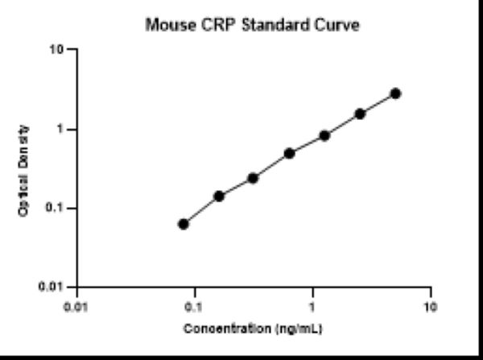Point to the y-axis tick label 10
pyautogui.click(x=56, y=50)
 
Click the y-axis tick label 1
pyautogui.click(x=60, y=129)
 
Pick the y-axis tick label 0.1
pyautogui.click(x=56, y=208)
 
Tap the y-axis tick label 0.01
pyautogui.click(x=53, y=287)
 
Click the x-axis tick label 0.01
pyautogui.click(x=76, y=307)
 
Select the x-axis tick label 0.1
pyautogui.click(x=194, y=307)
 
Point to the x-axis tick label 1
pyautogui.click(x=312, y=307)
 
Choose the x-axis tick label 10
pyautogui.click(x=431, y=307)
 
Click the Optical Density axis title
pyautogui.click(x=27, y=169)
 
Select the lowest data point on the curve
pyautogui.click(x=184, y=224)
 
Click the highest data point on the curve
pyautogui.click(x=395, y=93)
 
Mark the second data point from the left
pyautogui.click(x=219, y=196)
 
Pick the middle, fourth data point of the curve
pyautogui.click(x=289, y=153)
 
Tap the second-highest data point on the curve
pyautogui.click(x=360, y=114)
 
